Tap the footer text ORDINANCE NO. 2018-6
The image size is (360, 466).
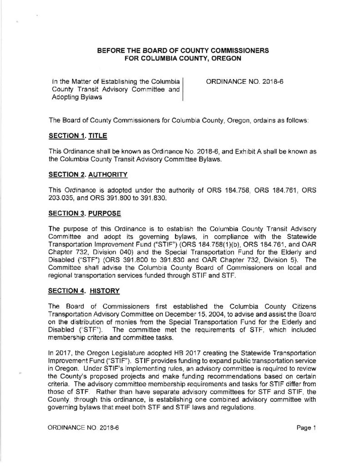tap(86, 428)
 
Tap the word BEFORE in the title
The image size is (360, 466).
tap(111, 50)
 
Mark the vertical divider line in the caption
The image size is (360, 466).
tap(183, 89)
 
